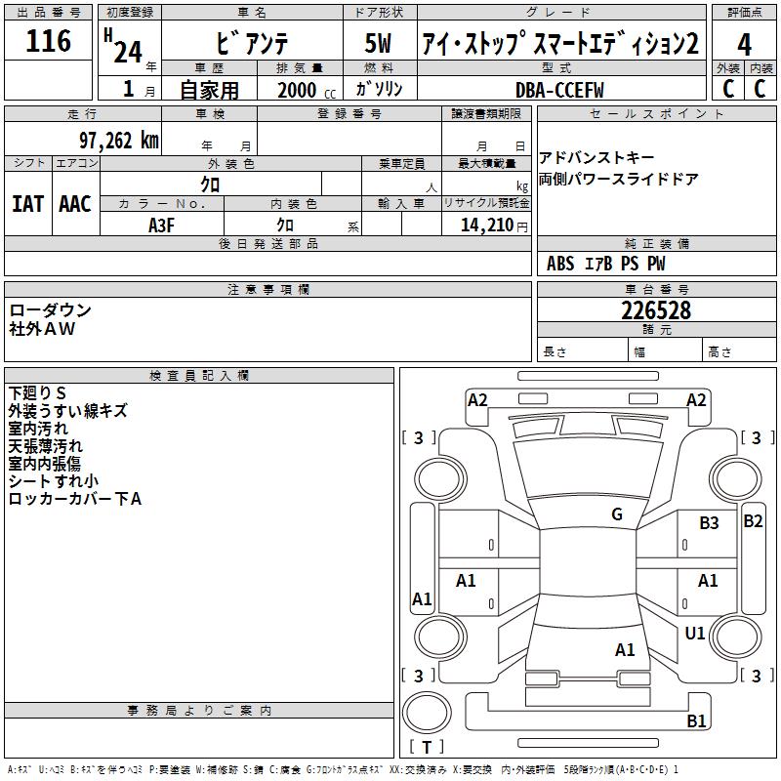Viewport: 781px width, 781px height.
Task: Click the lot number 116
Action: [x=49, y=41]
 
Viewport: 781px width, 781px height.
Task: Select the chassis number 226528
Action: [x=656, y=310]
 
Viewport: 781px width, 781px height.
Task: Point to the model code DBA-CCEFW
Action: [x=559, y=90]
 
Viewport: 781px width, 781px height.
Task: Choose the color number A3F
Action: [x=162, y=225]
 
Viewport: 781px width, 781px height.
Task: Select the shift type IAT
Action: [x=27, y=204]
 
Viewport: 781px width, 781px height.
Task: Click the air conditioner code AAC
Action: [x=75, y=204]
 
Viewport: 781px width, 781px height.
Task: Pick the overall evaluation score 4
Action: [x=744, y=44]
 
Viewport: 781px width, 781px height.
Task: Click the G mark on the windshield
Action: [x=617, y=514]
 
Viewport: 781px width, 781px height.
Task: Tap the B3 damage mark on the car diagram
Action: [x=709, y=523]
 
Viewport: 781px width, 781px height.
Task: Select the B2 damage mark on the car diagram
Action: [x=753, y=520]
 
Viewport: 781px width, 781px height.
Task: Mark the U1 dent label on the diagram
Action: [x=695, y=634]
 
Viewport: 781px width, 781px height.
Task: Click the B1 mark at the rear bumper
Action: [x=696, y=721]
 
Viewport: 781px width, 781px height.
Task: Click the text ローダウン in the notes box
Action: [x=51, y=310]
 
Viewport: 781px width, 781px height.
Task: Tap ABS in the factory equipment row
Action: [x=560, y=264]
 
